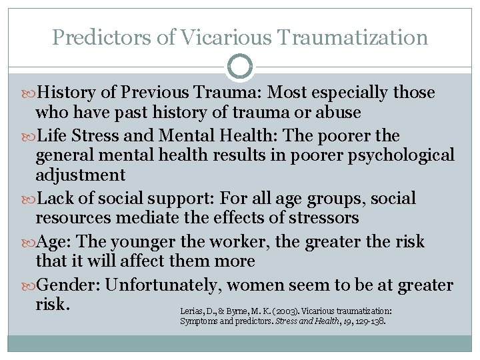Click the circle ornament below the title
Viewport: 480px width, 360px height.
(x=240, y=67)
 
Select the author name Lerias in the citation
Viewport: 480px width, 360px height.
(x=191, y=311)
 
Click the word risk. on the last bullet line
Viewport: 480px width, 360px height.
(x=53, y=303)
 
